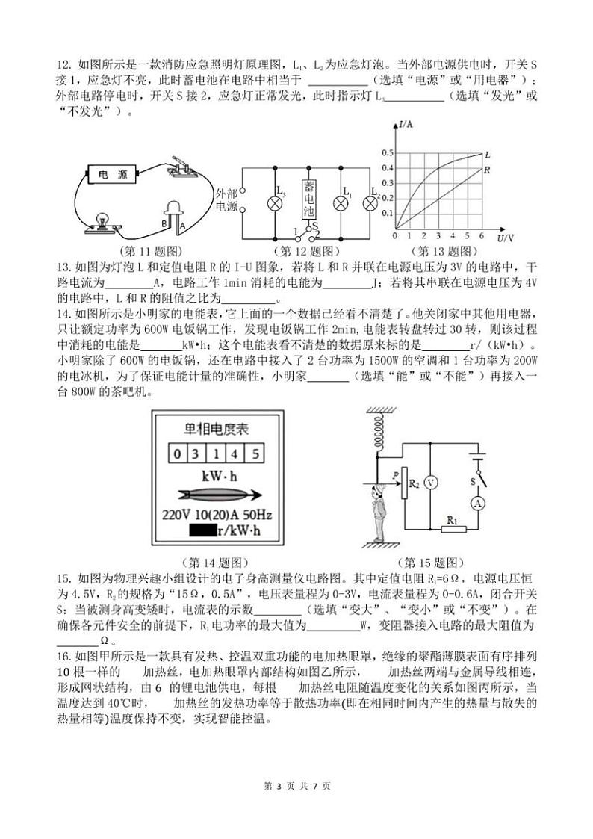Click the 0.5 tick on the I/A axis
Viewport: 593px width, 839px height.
388,153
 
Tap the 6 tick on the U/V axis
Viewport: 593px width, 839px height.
482,235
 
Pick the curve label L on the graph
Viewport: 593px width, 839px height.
487,155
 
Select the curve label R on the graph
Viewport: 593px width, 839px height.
486,170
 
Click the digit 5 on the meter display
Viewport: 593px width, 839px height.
255,453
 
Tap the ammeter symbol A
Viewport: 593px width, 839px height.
477,504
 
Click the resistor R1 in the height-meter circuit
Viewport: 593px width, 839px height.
450,530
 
